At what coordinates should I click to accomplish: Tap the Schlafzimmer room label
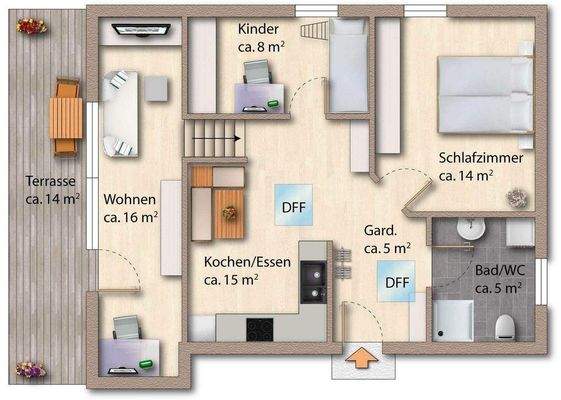tap(480, 166)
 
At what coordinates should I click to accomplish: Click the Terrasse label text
tap(51, 190)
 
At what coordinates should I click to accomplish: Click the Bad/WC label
tap(497, 279)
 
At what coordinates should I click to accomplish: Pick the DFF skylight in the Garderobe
tap(397, 282)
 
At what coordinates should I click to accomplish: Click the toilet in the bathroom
tap(505, 326)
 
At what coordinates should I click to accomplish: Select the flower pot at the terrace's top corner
tap(26, 26)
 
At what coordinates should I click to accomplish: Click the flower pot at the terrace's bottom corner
tap(29, 369)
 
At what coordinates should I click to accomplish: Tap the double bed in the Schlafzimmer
tap(485, 93)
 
